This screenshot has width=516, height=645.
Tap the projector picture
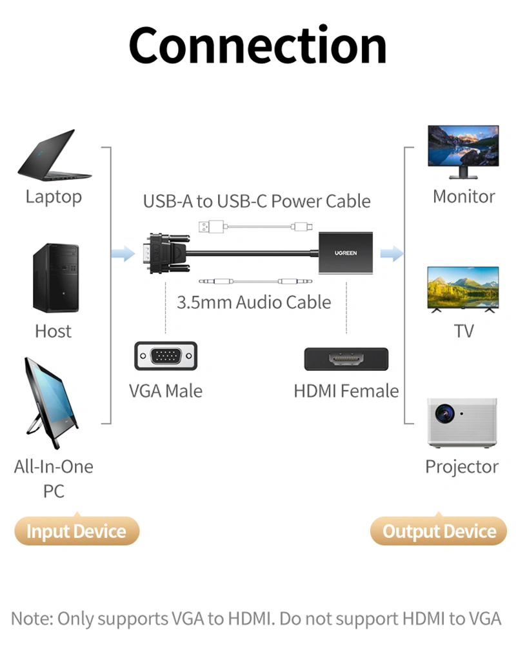[x=462, y=422]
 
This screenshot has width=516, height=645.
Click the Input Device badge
[x=76, y=531]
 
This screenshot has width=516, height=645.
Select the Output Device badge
[x=439, y=531]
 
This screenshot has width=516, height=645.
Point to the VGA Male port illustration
[x=166, y=356]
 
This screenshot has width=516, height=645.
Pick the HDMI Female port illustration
[x=346, y=359]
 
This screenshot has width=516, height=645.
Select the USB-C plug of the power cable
[x=301, y=227]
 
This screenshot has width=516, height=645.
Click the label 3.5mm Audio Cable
[x=253, y=302]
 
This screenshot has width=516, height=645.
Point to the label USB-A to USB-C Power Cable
[x=257, y=201]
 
